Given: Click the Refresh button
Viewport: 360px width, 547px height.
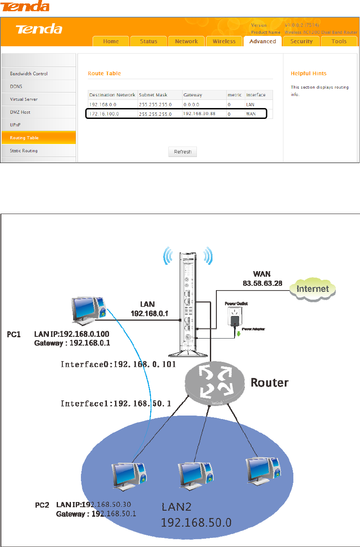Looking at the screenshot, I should coord(183,152).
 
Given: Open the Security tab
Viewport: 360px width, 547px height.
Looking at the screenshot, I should coord(302,42).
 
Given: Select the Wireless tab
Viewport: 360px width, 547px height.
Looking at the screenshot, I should coord(224,42).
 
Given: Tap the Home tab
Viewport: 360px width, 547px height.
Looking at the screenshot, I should coord(111,42).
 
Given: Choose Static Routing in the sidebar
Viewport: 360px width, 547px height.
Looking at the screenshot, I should coord(24,150).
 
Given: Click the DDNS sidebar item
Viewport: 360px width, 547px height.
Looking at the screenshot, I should coord(16,86).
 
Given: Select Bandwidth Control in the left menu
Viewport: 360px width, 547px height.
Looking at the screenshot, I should coord(29,74).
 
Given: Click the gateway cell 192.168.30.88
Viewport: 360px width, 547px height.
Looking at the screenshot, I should coord(199,114).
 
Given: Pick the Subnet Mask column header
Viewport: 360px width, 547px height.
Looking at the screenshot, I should coord(153,95).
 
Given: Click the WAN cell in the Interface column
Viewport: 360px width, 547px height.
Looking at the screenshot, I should coord(251,114).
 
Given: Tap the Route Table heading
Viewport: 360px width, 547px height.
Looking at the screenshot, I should coord(104,74).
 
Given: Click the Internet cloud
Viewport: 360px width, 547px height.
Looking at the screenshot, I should coord(312,288).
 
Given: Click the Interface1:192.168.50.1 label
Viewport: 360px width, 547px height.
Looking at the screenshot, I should coord(116,403).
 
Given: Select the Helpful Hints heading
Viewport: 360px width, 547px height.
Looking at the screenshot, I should coord(309,74).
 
